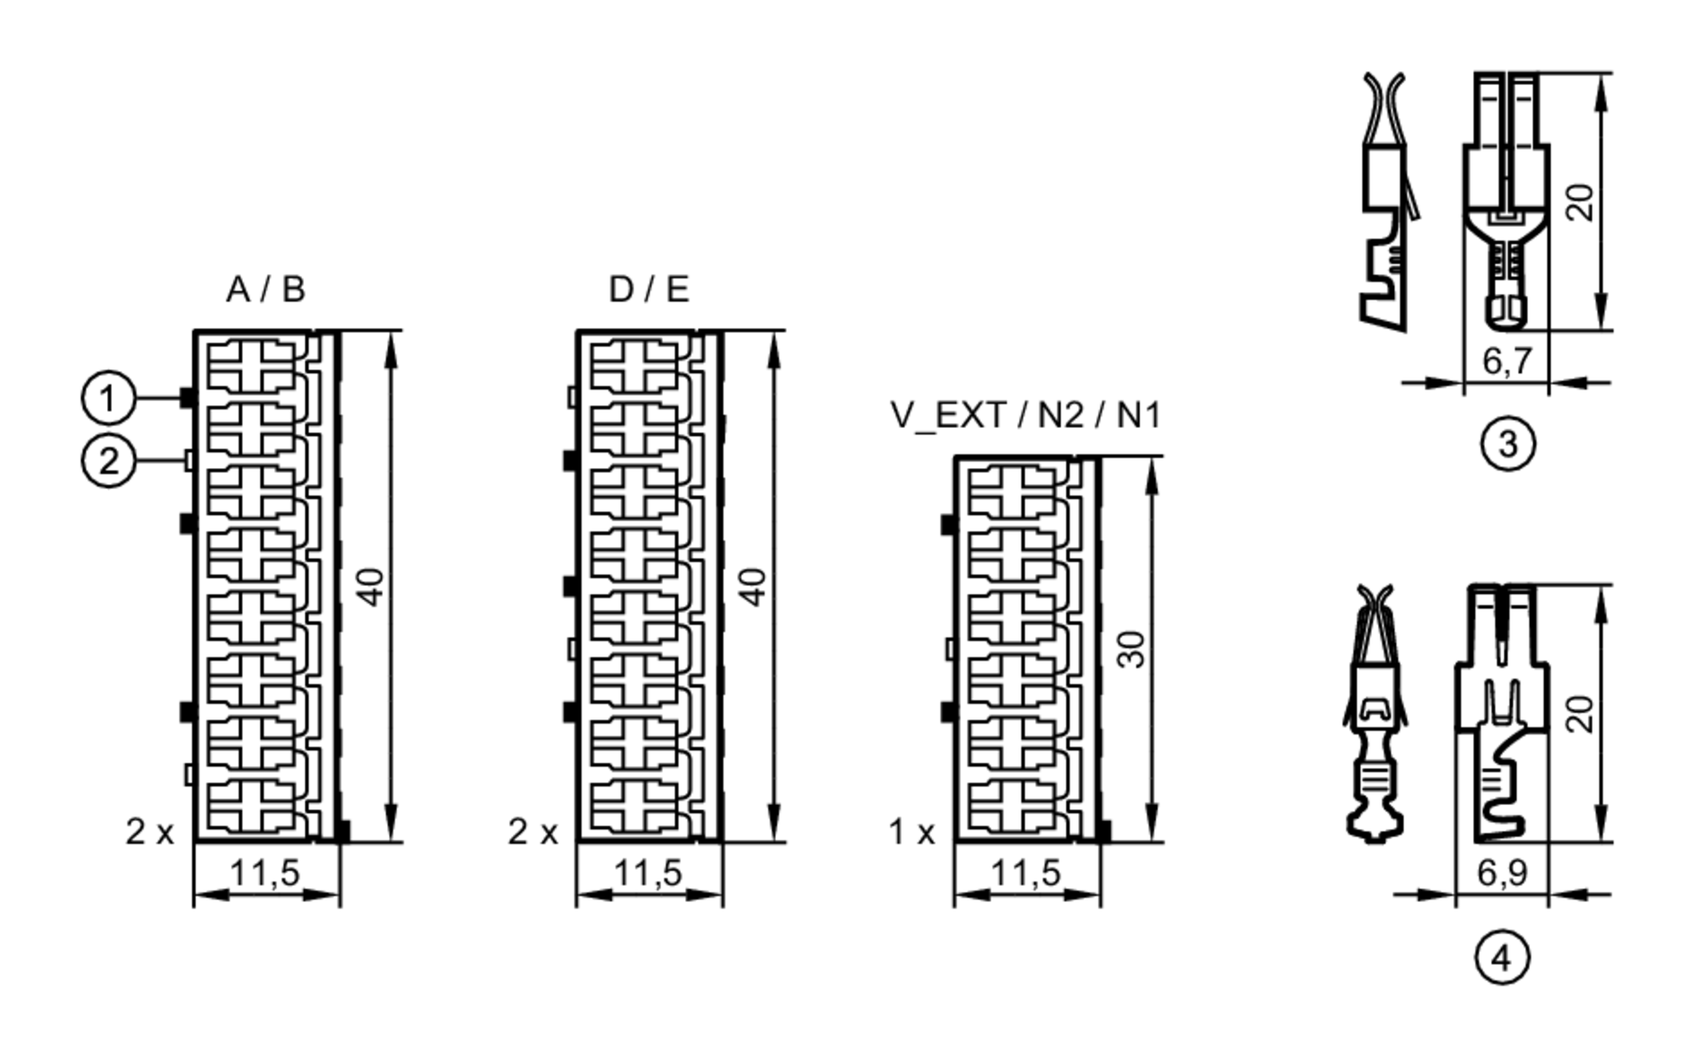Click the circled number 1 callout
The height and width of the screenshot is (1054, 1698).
coord(108,397)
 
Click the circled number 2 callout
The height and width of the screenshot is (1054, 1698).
coord(108,461)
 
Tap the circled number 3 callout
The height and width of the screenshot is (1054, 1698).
coord(1508,443)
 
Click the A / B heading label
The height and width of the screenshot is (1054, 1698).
coord(266,290)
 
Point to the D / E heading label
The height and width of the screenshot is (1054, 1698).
coord(649,290)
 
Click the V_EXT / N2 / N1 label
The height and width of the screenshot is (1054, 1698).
coord(1025,415)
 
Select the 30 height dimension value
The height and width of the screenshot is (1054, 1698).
coord(1133,649)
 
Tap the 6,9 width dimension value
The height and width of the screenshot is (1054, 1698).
coord(1502,873)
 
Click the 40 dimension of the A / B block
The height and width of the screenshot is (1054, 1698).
coord(371,586)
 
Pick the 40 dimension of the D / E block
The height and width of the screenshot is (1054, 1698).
coord(754,586)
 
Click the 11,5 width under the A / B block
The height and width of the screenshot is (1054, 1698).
coord(266,872)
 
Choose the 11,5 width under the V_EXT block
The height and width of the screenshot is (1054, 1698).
coord(1026,872)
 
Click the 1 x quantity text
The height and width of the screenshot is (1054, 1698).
coord(912,832)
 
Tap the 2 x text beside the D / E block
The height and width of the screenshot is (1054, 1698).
coord(533,832)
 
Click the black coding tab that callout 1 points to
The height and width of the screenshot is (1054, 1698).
coord(187,397)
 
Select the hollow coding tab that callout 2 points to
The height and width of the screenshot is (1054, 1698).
coord(188,461)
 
